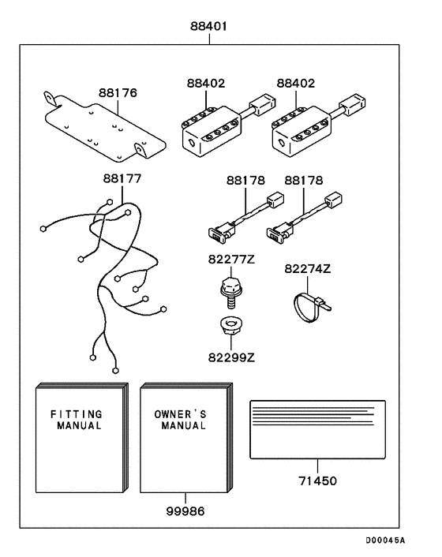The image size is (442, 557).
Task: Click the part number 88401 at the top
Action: [x=208, y=26]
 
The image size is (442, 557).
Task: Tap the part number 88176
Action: [x=118, y=93]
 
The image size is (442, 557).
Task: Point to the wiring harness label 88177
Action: [x=122, y=178]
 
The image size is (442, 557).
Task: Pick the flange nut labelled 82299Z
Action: [x=231, y=326]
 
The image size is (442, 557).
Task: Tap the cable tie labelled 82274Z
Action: [x=311, y=307]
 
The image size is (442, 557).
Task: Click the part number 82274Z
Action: [x=307, y=269]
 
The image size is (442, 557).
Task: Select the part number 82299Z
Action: [x=231, y=357]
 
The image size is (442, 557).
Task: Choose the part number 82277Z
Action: [x=231, y=260]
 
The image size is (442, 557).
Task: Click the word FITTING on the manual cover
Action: [x=77, y=414]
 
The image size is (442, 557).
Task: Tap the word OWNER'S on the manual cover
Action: [x=180, y=414]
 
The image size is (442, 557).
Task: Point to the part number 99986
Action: [x=185, y=511]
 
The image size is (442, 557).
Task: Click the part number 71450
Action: [x=317, y=481]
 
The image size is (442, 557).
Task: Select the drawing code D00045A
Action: [x=385, y=540]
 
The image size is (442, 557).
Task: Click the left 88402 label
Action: [x=206, y=83]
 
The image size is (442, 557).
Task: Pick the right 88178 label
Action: [x=304, y=181]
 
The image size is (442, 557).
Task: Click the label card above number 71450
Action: [x=317, y=430]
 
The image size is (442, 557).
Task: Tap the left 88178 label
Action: [x=246, y=181]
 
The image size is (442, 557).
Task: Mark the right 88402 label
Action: [x=296, y=83]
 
